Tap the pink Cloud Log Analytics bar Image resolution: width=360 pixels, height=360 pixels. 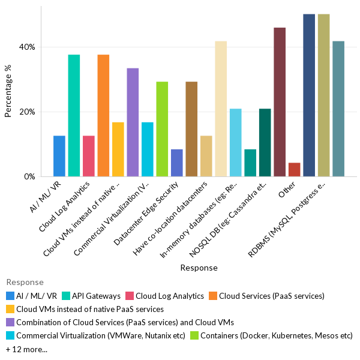88,156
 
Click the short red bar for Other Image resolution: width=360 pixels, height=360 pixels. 294,170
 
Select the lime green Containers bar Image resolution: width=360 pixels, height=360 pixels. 162,129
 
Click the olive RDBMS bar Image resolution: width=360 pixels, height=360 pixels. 323,95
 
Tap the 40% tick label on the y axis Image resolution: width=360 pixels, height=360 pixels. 28,47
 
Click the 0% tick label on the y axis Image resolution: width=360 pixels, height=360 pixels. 30,177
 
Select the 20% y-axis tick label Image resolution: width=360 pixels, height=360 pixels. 28,112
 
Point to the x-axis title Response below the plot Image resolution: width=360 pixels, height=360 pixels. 199,268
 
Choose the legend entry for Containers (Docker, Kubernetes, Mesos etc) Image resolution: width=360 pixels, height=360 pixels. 276,336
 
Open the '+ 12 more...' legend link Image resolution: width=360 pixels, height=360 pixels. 26,349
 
